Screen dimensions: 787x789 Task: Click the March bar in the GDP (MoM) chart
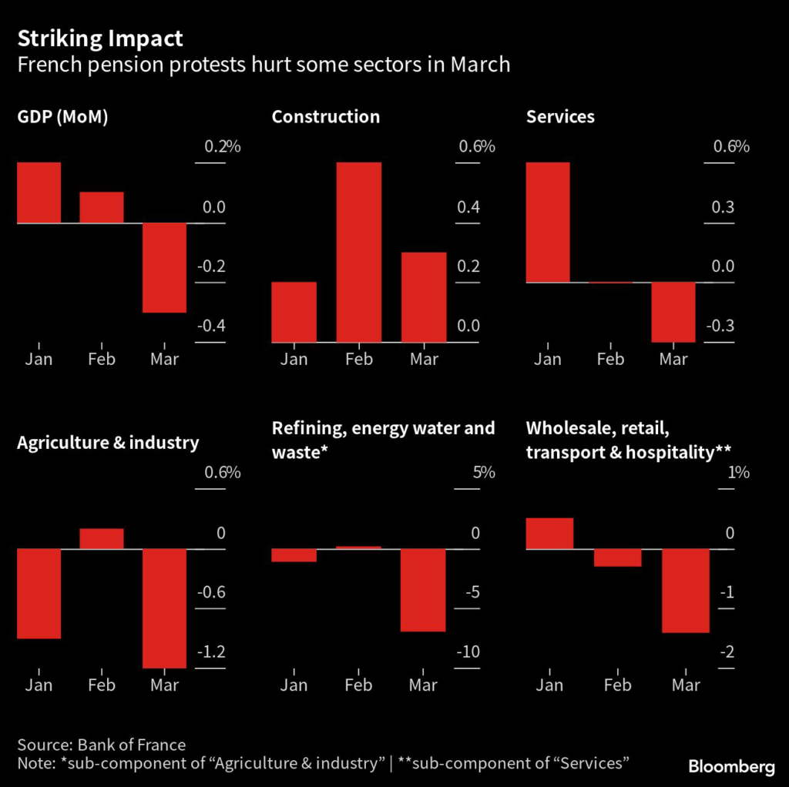click(x=164, y=267)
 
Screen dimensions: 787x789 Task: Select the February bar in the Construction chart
click(x=359, y=252)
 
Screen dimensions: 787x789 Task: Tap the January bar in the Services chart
click(x=548, y=223)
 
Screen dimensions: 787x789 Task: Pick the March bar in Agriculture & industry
click(x=164, y=608)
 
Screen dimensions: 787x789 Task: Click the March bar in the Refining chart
click(x=423, y=590)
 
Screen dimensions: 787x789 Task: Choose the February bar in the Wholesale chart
click(x=617, y=558)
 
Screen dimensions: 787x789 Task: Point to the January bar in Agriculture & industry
click(x=39, y=593)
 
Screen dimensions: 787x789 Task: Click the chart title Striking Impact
click(x=100, y=38)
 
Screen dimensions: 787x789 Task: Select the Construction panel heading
click(x=325, y=117)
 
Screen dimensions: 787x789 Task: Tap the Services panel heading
click(x=560, y=117)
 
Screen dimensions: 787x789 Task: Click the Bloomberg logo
click(x=731, y=766)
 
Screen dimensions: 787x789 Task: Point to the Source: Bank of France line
click(x=101, y=745)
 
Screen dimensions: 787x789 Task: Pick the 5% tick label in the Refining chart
click(x=483, y=472)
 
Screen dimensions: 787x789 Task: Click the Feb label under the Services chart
click(x=611, y=359)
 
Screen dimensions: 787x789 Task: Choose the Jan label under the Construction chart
click(x=294, y=359)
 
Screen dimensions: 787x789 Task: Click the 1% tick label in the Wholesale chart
click(x=738, y=472)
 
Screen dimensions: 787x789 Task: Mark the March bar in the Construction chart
click(x=423, y=297)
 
